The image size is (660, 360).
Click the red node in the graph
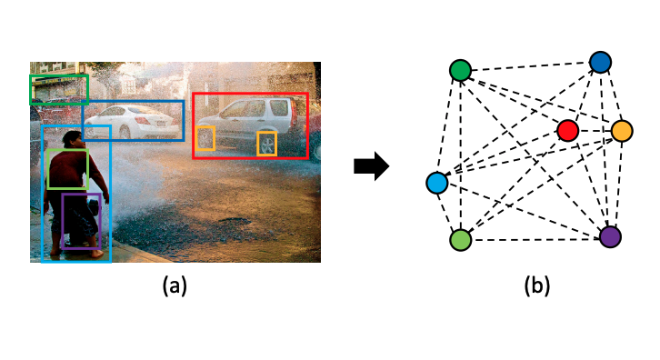tap(568, 131)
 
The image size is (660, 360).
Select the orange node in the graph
tap(622, 131)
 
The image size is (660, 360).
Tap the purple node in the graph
tap(610, 236)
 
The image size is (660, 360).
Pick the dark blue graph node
tap(600, 62)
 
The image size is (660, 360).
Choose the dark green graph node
tap(461, 70)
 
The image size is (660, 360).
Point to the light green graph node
tap(461, 239)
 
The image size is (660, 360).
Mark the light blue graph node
tap(437, 184)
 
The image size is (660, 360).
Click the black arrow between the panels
tap(371, 166)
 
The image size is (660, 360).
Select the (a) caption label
tap(175, 286)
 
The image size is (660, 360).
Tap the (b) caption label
tap(535, 286)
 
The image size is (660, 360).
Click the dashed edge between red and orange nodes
tap(595, 131)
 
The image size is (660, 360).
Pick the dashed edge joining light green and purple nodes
tap(535, 238)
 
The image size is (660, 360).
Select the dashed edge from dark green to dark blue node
tap(530, 66)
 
